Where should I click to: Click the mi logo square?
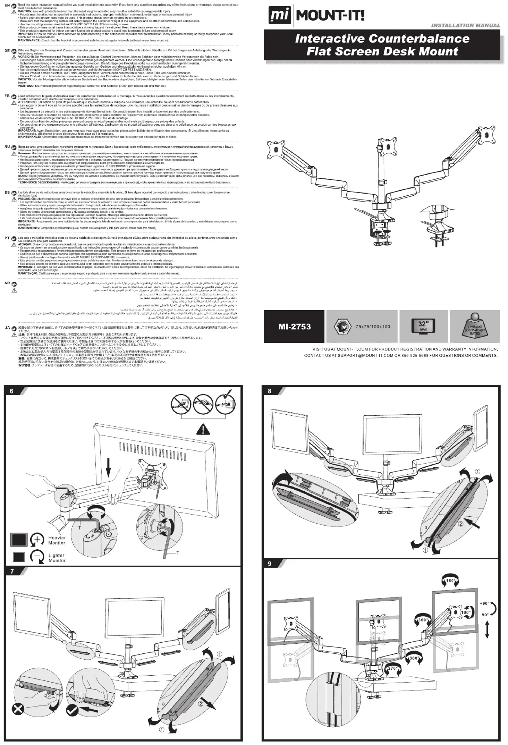coord(280,16)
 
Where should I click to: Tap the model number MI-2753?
coord(294,327)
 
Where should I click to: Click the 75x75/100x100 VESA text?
coord(373,327)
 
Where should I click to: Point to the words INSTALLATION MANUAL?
coord(465,25)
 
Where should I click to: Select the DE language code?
coord(7,51)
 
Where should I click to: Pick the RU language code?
coord(7,147)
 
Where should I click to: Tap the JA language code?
coord(7,327)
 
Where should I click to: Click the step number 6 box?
coord(11,391)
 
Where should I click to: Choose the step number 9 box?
coord(270,564)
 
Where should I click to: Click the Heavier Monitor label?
coord(57,540)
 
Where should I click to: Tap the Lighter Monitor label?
coord(57,558)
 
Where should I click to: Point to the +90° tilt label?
coord(484,603)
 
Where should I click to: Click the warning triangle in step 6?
coord(201,430)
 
